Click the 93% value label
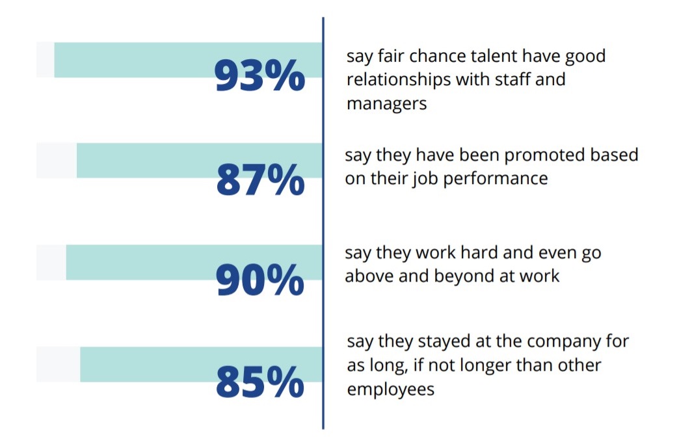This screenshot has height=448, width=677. pos(259,77)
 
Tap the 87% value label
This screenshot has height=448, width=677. pos(260,180)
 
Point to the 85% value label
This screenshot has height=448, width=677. pos(260,382)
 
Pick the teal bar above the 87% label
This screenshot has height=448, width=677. pos(163,153)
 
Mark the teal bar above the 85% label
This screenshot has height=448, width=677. pos(163,356)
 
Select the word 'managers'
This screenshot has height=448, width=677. pos(386,103)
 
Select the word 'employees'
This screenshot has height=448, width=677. pos(390,389)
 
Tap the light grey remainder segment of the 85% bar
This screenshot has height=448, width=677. pos(58,365)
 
